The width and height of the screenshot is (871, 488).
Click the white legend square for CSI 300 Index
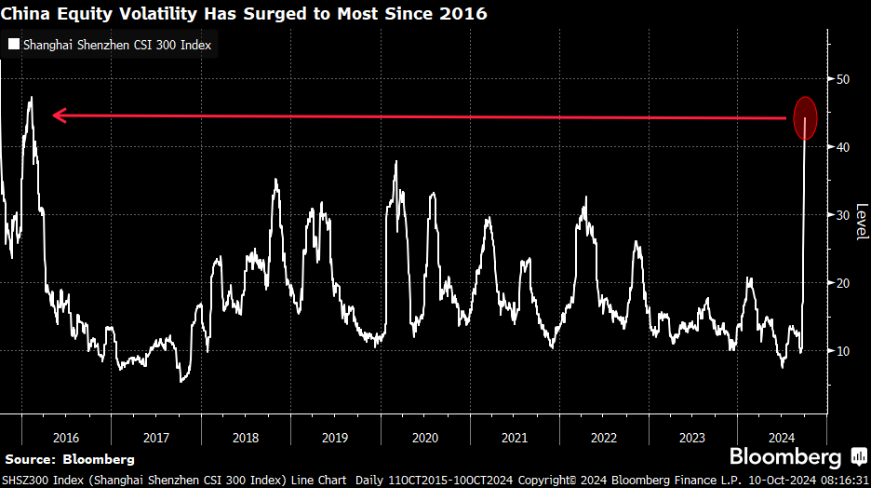tap(13, 44)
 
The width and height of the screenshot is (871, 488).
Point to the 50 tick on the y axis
tap(843, 79)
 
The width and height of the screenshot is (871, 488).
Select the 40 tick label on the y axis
tap(843, 147)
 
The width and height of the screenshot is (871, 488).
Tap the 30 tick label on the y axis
tap(843, 215)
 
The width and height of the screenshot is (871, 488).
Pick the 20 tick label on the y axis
tap(843, 283)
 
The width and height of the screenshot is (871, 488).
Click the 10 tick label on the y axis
tap(843, 351)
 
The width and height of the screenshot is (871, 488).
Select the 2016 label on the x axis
tap(66, 437)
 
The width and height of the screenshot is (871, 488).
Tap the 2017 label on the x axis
tap(155, 437)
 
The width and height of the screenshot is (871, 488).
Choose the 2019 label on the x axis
tap(335, 437)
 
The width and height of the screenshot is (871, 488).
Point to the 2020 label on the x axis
tap(424, 437)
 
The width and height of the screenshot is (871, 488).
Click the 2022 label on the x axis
tap(603, 437)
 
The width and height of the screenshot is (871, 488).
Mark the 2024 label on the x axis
tap(783, 437)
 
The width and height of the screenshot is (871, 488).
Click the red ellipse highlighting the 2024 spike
tap(806, 118)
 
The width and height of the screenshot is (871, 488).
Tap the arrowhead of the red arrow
tap(58, 115)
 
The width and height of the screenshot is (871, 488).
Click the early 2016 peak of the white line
tap(32, 98)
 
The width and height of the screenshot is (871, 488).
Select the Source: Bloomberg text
tap(70, 459)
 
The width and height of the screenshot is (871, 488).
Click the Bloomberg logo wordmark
tap(785, 457)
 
